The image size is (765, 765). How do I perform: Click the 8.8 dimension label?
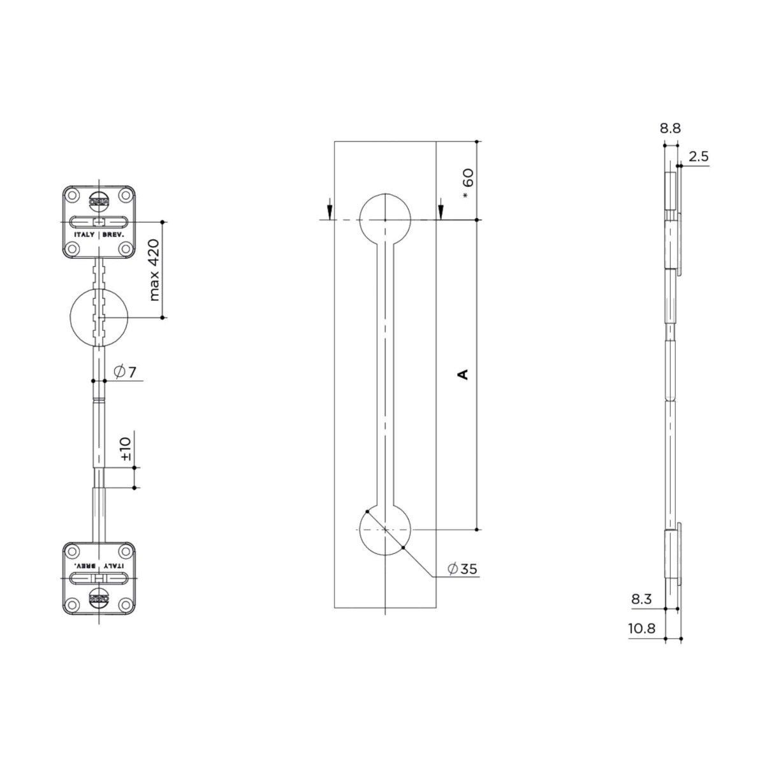point(670,128)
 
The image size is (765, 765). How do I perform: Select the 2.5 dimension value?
point(699,157)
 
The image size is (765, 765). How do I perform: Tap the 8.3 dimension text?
point(642,599)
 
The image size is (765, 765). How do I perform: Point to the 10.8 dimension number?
point(641,629)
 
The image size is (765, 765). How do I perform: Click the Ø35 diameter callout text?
point(462,569)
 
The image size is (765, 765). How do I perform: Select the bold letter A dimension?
point(464,374)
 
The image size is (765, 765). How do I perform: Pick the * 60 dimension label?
point(468,184)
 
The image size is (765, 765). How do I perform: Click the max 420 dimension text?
point(154,270)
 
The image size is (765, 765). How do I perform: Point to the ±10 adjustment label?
point(125,449)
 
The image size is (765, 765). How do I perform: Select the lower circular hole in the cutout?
point(386,530)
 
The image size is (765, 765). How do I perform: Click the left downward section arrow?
point(329,208)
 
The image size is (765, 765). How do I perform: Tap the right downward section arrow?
point(441,208)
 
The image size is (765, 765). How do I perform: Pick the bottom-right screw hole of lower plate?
point(126,604)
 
